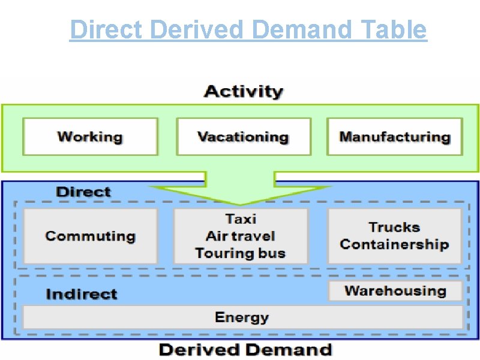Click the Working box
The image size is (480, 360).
pos(90,136)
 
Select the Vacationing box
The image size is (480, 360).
pos(244,136)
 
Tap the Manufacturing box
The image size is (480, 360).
pos(395,136)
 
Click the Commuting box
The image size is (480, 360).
pos(90,236)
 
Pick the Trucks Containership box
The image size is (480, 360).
pos(394,236)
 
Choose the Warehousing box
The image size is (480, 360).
pos(395,291)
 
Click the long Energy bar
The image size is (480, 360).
pos(242,317)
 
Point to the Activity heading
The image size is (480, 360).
pos(244,92)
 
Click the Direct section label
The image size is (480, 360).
pos(83,192)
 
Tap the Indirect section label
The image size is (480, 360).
pos(82,294)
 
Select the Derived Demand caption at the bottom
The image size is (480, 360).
pos(245,350)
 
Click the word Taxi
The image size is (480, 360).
pos(241,219)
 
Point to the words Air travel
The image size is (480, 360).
pos(241,236)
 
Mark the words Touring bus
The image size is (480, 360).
pos(241,253)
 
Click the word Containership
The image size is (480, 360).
pos(394,244)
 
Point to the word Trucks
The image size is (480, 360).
pos(394,227)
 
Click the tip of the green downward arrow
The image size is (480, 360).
pos(241,204)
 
